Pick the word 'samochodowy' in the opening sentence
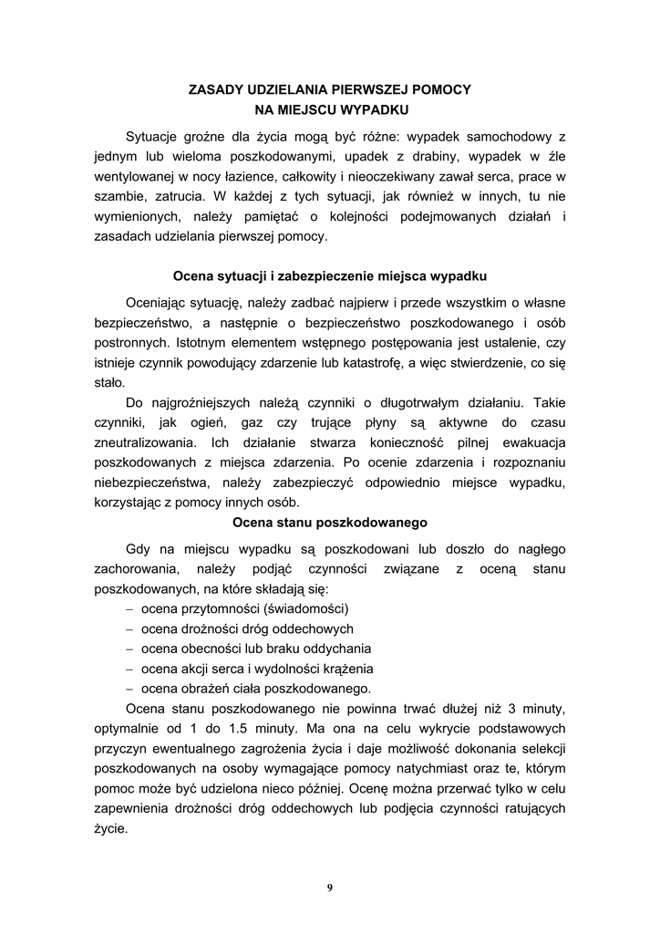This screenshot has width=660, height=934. click(x=505, y=136)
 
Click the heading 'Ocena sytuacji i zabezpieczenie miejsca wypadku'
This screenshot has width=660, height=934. click(x=330, y=275)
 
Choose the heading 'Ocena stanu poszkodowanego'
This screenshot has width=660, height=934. click(x=330, y=523)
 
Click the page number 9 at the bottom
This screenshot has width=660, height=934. click(x=330, y=887)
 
